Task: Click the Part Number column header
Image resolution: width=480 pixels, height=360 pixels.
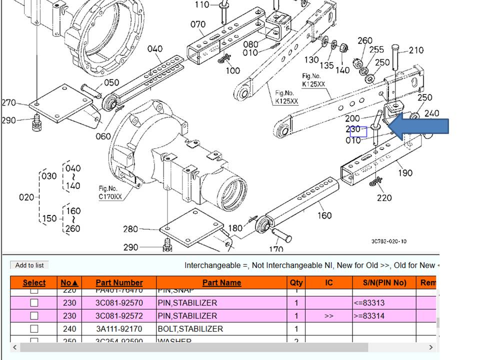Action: point(119,282)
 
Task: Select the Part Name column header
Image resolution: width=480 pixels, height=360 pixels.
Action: point(221,282)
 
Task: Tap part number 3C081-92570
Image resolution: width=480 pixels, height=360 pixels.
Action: point(119,302)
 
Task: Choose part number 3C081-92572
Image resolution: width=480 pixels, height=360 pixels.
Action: point(119,315)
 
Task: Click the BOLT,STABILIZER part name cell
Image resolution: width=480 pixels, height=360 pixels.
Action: point(190,328)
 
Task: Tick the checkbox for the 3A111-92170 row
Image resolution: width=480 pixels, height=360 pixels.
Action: point(34,328)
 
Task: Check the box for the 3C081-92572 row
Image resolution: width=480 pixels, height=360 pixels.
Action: point(34,315)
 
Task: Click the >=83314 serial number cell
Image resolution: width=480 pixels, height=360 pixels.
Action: point(368,315)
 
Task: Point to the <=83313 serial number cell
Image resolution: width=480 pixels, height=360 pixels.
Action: point(368,302)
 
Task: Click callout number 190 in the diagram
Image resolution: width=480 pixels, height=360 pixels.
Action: point(405,172)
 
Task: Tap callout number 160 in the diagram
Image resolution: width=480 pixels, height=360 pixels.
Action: point(324,215)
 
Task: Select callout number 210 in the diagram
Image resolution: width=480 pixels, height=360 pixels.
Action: point(416,50)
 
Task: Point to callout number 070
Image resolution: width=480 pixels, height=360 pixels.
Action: point(198,24)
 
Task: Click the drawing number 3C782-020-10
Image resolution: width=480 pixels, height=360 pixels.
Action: point(389,241)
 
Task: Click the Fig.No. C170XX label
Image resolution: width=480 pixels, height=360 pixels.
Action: point(110,192)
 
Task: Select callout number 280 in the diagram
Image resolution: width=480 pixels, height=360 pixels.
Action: point(130,229)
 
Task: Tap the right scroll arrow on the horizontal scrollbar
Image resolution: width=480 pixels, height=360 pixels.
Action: point(431,347)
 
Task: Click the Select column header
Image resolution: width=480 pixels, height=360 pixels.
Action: point(34,282)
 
